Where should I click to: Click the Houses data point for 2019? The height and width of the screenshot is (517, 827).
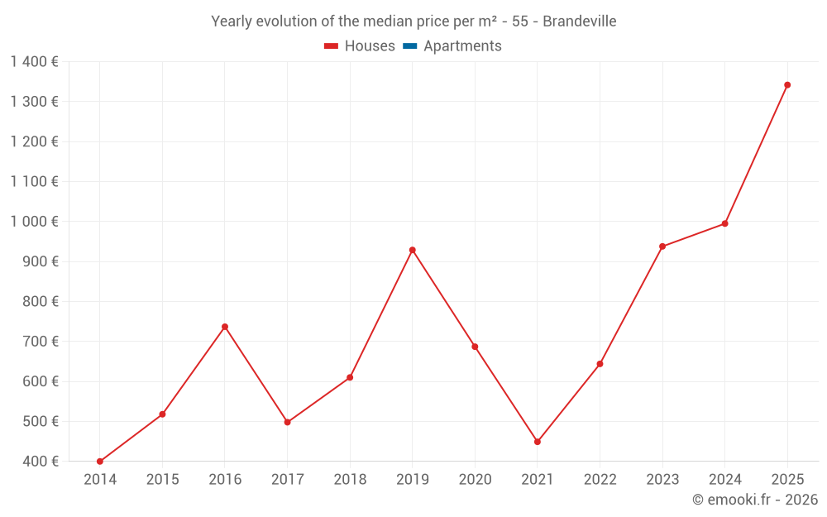pyautogui.click(x=413, y=250)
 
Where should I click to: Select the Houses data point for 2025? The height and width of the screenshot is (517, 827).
pyautogui.click(x=787, y=85)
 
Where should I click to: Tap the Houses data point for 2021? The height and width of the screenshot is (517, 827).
pyautogui.click(x=538, y=442)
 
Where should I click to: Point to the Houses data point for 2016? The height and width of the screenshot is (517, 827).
pyautogui.click(x=225, y=327)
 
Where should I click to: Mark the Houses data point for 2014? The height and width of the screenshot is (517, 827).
pyautogui.click(x=100, y=462)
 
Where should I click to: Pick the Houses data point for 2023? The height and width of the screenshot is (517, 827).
pyautogui.click(x=662, y=247)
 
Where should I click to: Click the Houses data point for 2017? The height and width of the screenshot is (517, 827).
pyautogui.click(x=288, y=423)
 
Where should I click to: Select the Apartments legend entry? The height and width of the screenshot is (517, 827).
pyautogui.click(x=462, y=46)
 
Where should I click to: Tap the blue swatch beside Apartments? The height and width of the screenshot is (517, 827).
pyautogui.click(x=409, y=46)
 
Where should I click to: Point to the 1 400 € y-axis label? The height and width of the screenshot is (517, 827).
pyautogui.click(x=35, y=62)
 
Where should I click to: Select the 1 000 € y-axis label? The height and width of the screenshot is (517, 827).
pyautogui.click(x=35, y=222)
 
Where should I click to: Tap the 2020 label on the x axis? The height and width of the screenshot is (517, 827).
pyautogui.click(x=475, y=480)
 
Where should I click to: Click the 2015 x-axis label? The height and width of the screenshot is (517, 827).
pyautogui.click(x=162, y=480)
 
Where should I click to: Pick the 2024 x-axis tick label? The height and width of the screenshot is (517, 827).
pyautogui.click(x=724, y=480)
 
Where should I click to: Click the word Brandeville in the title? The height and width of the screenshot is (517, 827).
pyautogui.click(x=580, y=22)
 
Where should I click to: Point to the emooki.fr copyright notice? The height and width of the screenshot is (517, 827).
pyautogui.click(x=755, y=500)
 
